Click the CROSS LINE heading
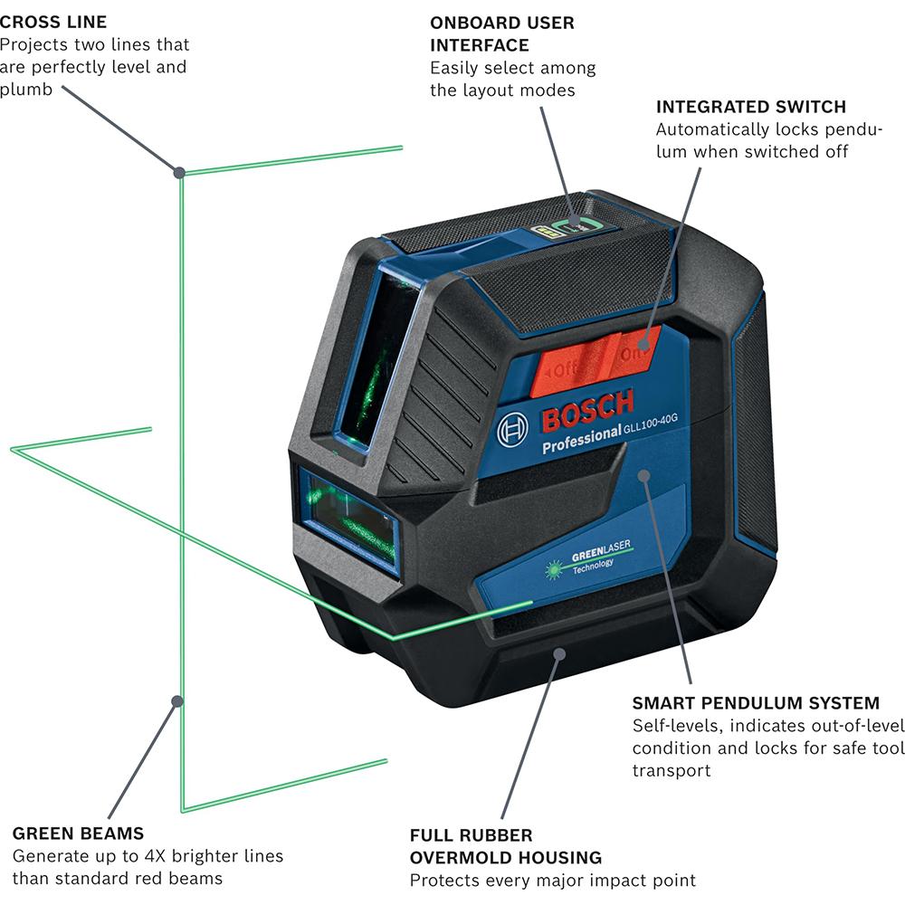53,22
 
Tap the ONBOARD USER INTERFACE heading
501,33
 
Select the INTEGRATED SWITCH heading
751,107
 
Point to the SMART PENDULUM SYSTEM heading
756,703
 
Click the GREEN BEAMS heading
78,834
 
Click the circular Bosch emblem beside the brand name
513,427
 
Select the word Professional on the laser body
580,442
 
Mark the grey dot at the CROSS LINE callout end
179,172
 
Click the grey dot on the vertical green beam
179,700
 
